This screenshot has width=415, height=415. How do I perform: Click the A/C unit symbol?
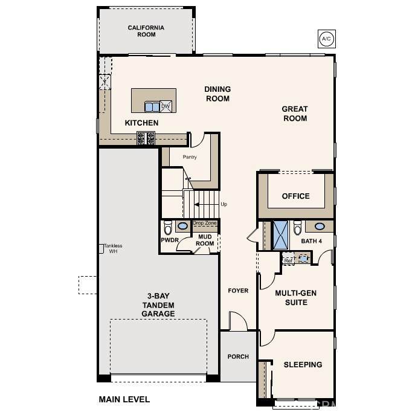327,39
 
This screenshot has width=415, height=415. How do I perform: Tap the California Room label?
146,31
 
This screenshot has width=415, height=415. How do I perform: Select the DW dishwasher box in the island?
166,106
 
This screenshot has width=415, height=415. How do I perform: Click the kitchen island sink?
152,107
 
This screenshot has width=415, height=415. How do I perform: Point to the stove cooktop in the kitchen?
146,138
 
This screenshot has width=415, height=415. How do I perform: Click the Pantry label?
190,157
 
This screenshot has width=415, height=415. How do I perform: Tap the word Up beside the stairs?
224,204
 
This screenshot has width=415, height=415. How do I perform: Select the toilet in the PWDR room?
168,228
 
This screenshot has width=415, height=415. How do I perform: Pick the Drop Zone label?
205,223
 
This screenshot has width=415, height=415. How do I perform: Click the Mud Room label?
205,240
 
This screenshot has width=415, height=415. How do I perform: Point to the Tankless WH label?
114,248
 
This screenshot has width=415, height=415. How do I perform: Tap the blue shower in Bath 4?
280,235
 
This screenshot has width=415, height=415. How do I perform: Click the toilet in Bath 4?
297,228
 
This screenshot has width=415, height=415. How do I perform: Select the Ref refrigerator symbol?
288,258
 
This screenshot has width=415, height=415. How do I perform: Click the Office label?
295,196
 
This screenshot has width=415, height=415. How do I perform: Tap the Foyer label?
238,291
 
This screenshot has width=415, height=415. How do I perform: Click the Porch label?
238,356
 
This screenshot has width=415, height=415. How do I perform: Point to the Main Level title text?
124,399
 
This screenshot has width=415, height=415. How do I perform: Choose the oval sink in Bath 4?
320,227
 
